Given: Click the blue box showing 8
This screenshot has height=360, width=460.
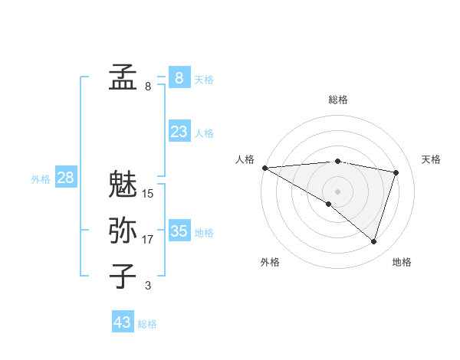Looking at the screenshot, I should coord(179,78).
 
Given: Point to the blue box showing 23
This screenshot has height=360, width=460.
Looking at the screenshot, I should coord(179,132).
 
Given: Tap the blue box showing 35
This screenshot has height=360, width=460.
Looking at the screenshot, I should coord(179,231).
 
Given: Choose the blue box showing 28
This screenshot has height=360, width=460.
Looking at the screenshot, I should coord(65,178).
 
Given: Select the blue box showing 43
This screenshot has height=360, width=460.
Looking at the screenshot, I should coord(123,322).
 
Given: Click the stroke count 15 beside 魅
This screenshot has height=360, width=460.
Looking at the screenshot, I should coord(148,194).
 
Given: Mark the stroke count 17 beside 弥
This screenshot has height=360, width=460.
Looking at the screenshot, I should coord(148,240).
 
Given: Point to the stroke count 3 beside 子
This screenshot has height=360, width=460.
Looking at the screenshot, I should coord(148,286).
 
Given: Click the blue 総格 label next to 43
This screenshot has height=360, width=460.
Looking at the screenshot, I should coord(147,324).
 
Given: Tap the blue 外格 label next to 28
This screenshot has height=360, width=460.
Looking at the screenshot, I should coord(41,179).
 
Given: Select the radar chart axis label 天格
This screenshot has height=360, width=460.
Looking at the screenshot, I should coord(431,159).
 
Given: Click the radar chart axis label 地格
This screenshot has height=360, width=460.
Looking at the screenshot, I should coord(402,262).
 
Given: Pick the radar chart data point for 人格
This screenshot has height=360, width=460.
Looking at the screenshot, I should coord(264,167).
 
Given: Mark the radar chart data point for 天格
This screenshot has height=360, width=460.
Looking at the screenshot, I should coord(396,172).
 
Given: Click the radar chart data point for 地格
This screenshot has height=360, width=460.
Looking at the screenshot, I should coord(373,242).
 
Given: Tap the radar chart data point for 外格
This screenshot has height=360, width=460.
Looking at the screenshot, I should coord(329,204).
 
